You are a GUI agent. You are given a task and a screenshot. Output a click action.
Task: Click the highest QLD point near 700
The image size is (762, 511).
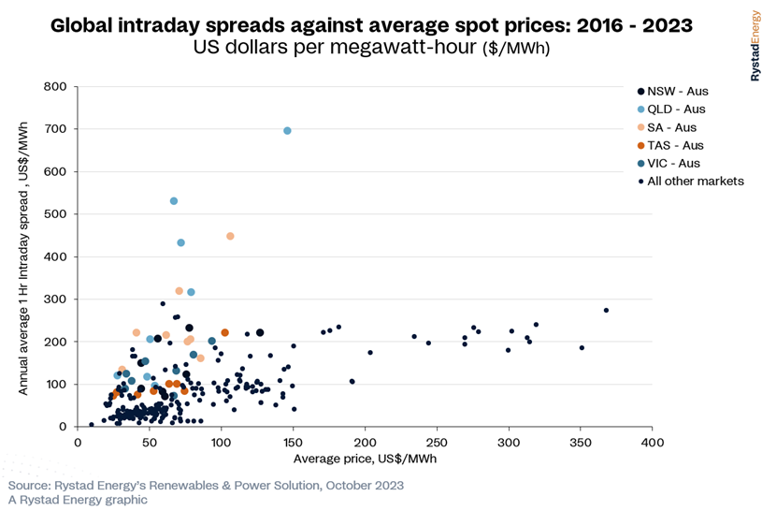tap(287, 131)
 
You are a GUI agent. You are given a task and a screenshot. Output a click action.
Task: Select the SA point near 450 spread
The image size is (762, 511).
tap(230, 236)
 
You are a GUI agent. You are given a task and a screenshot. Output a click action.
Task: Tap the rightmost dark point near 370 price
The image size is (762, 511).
tap(606, 310)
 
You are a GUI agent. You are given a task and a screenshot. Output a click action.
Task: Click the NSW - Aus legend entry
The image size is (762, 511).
tap(672, 92)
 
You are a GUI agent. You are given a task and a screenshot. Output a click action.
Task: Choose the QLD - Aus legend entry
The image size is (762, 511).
tap(671, 109)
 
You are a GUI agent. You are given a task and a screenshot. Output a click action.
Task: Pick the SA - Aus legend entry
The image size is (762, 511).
tap(667, 127)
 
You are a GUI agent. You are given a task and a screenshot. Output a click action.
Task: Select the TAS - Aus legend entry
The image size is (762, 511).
tap(670, 145)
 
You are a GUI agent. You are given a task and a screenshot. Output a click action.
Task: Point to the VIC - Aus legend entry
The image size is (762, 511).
tap(669, 164)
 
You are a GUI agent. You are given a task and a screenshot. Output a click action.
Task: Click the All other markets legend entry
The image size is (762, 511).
tap(691, 181)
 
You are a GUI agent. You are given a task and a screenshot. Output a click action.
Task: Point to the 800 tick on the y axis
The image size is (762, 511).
tap(55, 87)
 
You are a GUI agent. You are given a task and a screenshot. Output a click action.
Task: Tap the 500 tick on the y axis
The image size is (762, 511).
tap(55, 214)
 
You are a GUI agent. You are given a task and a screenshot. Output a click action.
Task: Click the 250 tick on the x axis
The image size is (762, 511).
tap(437, 443)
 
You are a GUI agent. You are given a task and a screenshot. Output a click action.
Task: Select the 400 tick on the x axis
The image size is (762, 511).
tap(653, 443)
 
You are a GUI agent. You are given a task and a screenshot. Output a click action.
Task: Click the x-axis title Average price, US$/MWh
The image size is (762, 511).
tap(365, 459)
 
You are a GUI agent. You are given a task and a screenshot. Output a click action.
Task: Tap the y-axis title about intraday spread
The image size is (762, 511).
tap(22, 258)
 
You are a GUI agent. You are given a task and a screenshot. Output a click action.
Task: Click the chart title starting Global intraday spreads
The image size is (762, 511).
tap(371, 25)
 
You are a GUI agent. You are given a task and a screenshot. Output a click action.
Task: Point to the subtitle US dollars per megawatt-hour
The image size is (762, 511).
tap(371, 48)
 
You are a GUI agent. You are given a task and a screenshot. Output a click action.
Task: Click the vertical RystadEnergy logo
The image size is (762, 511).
tap(755, 46)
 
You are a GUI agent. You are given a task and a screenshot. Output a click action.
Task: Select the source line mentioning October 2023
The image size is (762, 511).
tap(206, 486)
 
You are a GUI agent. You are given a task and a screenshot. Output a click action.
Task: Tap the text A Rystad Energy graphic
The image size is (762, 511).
tap(78, 500)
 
